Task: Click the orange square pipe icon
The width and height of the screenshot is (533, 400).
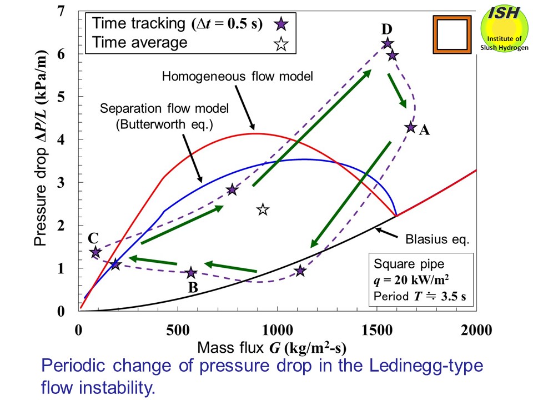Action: (x=451, y=34)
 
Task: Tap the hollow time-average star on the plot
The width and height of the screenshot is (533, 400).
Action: (x=263, y=209)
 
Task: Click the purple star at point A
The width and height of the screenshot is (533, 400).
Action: (x=411, y=127)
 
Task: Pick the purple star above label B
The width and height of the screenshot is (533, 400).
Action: (x=191, y=273)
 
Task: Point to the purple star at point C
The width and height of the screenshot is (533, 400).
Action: (x=95, y=252)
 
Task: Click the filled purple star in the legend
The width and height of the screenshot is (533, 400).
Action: (x=282, y=24)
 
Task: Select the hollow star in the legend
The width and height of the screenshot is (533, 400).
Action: (x=282, y=43)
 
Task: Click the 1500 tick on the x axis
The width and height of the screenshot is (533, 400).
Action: (x=377, y=329)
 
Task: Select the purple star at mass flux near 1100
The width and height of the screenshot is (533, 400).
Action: (x=300, y=271)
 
